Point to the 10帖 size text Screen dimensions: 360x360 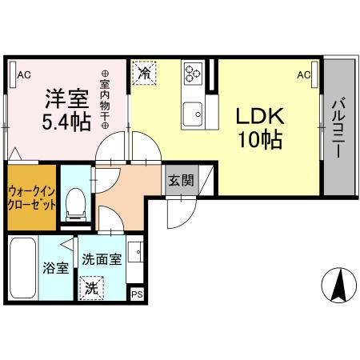click(x=259, y=141)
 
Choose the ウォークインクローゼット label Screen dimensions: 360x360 click(x=32, y=198)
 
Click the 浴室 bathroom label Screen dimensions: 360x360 click(x=55, y=268)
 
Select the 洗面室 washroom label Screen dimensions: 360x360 click(x=102, y=260)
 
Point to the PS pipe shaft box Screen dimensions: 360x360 click(x=136, y=294)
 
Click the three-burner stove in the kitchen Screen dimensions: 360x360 click(x=193, y=74)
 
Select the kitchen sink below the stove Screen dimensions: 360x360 click(x=193, y=114)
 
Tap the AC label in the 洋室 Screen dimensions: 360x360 click(x=23, y=75)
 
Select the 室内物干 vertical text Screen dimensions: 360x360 click(x=104, y=100)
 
